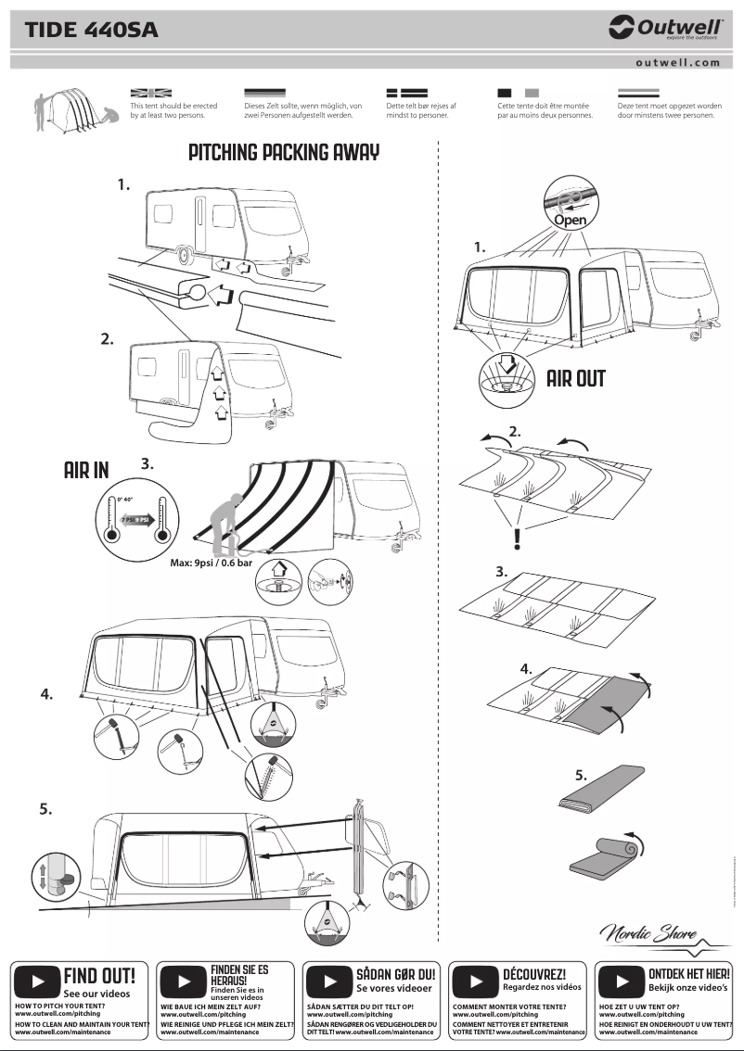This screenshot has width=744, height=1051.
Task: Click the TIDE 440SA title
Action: click(x=92, y=30)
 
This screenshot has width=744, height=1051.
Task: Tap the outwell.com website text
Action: click(x=677, y=63)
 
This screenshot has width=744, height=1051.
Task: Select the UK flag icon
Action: click(x=151, y=94)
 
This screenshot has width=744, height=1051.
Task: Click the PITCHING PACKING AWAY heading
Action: click(x=284, y=153)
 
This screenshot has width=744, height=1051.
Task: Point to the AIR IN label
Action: click(x=86, y=471)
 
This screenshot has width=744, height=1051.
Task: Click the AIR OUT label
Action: click(x=575, y=378)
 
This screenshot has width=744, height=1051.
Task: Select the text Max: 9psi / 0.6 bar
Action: click(x=212, y=563)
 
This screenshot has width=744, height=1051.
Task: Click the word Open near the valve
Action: click(x=570, y=221)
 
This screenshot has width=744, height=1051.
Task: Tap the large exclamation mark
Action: click(x=517, y=538)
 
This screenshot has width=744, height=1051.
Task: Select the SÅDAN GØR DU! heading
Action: click(x=395, y=975)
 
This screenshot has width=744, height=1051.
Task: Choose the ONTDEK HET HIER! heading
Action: click(x=688, y=974)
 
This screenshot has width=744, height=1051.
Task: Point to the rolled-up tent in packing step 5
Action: click(x=603, y=852)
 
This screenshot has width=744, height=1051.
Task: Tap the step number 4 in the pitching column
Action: click(x=46, y=694)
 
